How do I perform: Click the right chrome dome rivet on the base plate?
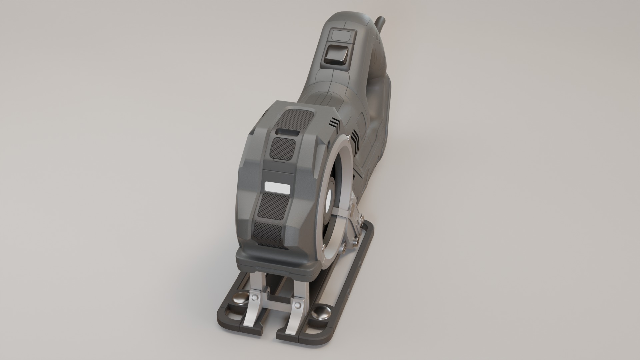pos(321,313)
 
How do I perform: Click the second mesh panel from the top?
pos(283,148)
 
